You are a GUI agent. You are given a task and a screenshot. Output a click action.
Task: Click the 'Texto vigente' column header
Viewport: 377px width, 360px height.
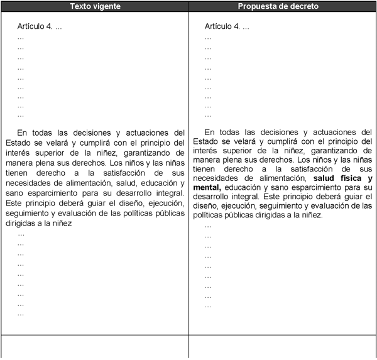94,6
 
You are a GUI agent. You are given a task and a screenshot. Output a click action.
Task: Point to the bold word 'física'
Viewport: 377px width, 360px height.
344,178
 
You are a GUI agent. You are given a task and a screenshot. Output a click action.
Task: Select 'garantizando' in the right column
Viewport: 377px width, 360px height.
342,153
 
